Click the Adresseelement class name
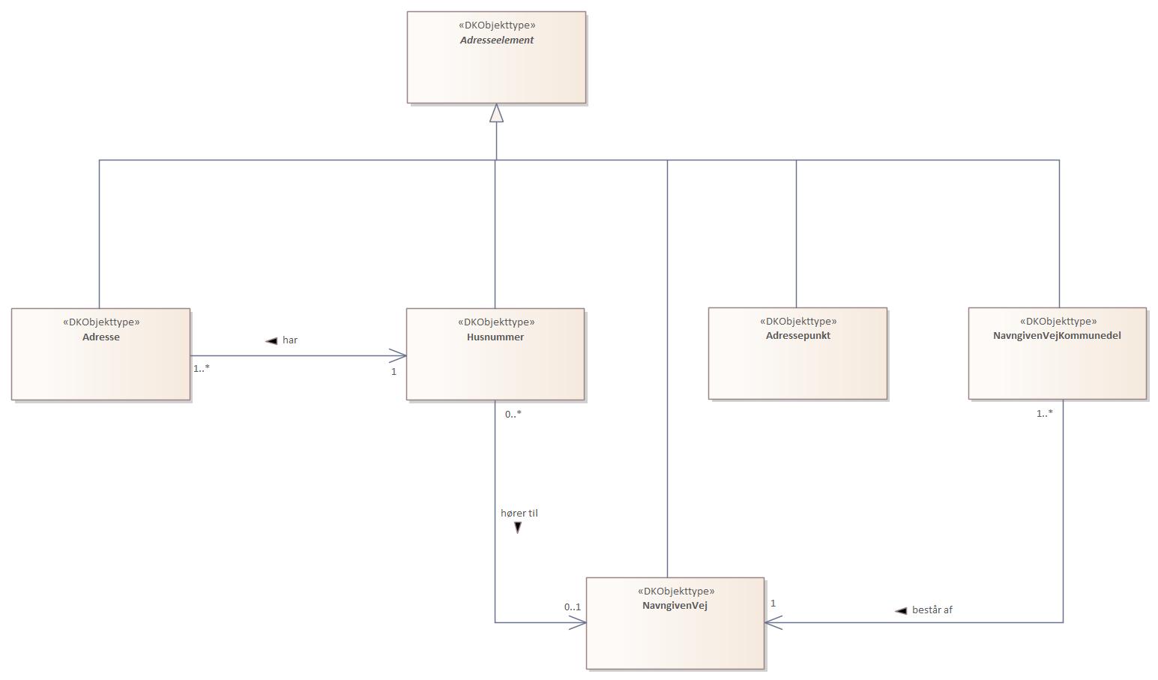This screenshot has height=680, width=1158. [x=496, y=40]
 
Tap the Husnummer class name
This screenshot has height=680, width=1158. [x=495, y=337]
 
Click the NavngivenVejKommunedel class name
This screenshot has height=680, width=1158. [x=1057, y=336]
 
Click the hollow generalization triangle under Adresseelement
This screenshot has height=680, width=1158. [x=496, y=113]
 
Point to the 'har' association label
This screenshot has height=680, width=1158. [x=290, y=340]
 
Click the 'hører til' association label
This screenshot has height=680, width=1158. [x=519, y=514]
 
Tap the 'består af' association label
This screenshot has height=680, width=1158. [x=932, y=610]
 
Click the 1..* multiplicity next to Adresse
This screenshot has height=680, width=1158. [x=202, y=368]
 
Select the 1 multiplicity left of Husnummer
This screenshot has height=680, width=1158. [x=393, y=371]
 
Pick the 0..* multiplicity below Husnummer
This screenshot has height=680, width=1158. [x=513, y=414]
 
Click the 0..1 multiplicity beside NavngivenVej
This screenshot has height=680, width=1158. [x=573, y=607]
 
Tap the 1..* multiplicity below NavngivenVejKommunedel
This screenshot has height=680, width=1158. [x=1044, y=413]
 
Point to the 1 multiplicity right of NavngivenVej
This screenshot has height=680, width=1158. [x=773, y=603]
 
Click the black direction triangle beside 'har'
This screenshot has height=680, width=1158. [x=271, y=341]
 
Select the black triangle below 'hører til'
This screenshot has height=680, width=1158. [x=517, y=528]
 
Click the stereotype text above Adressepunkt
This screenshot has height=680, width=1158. [x=797, y=321]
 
